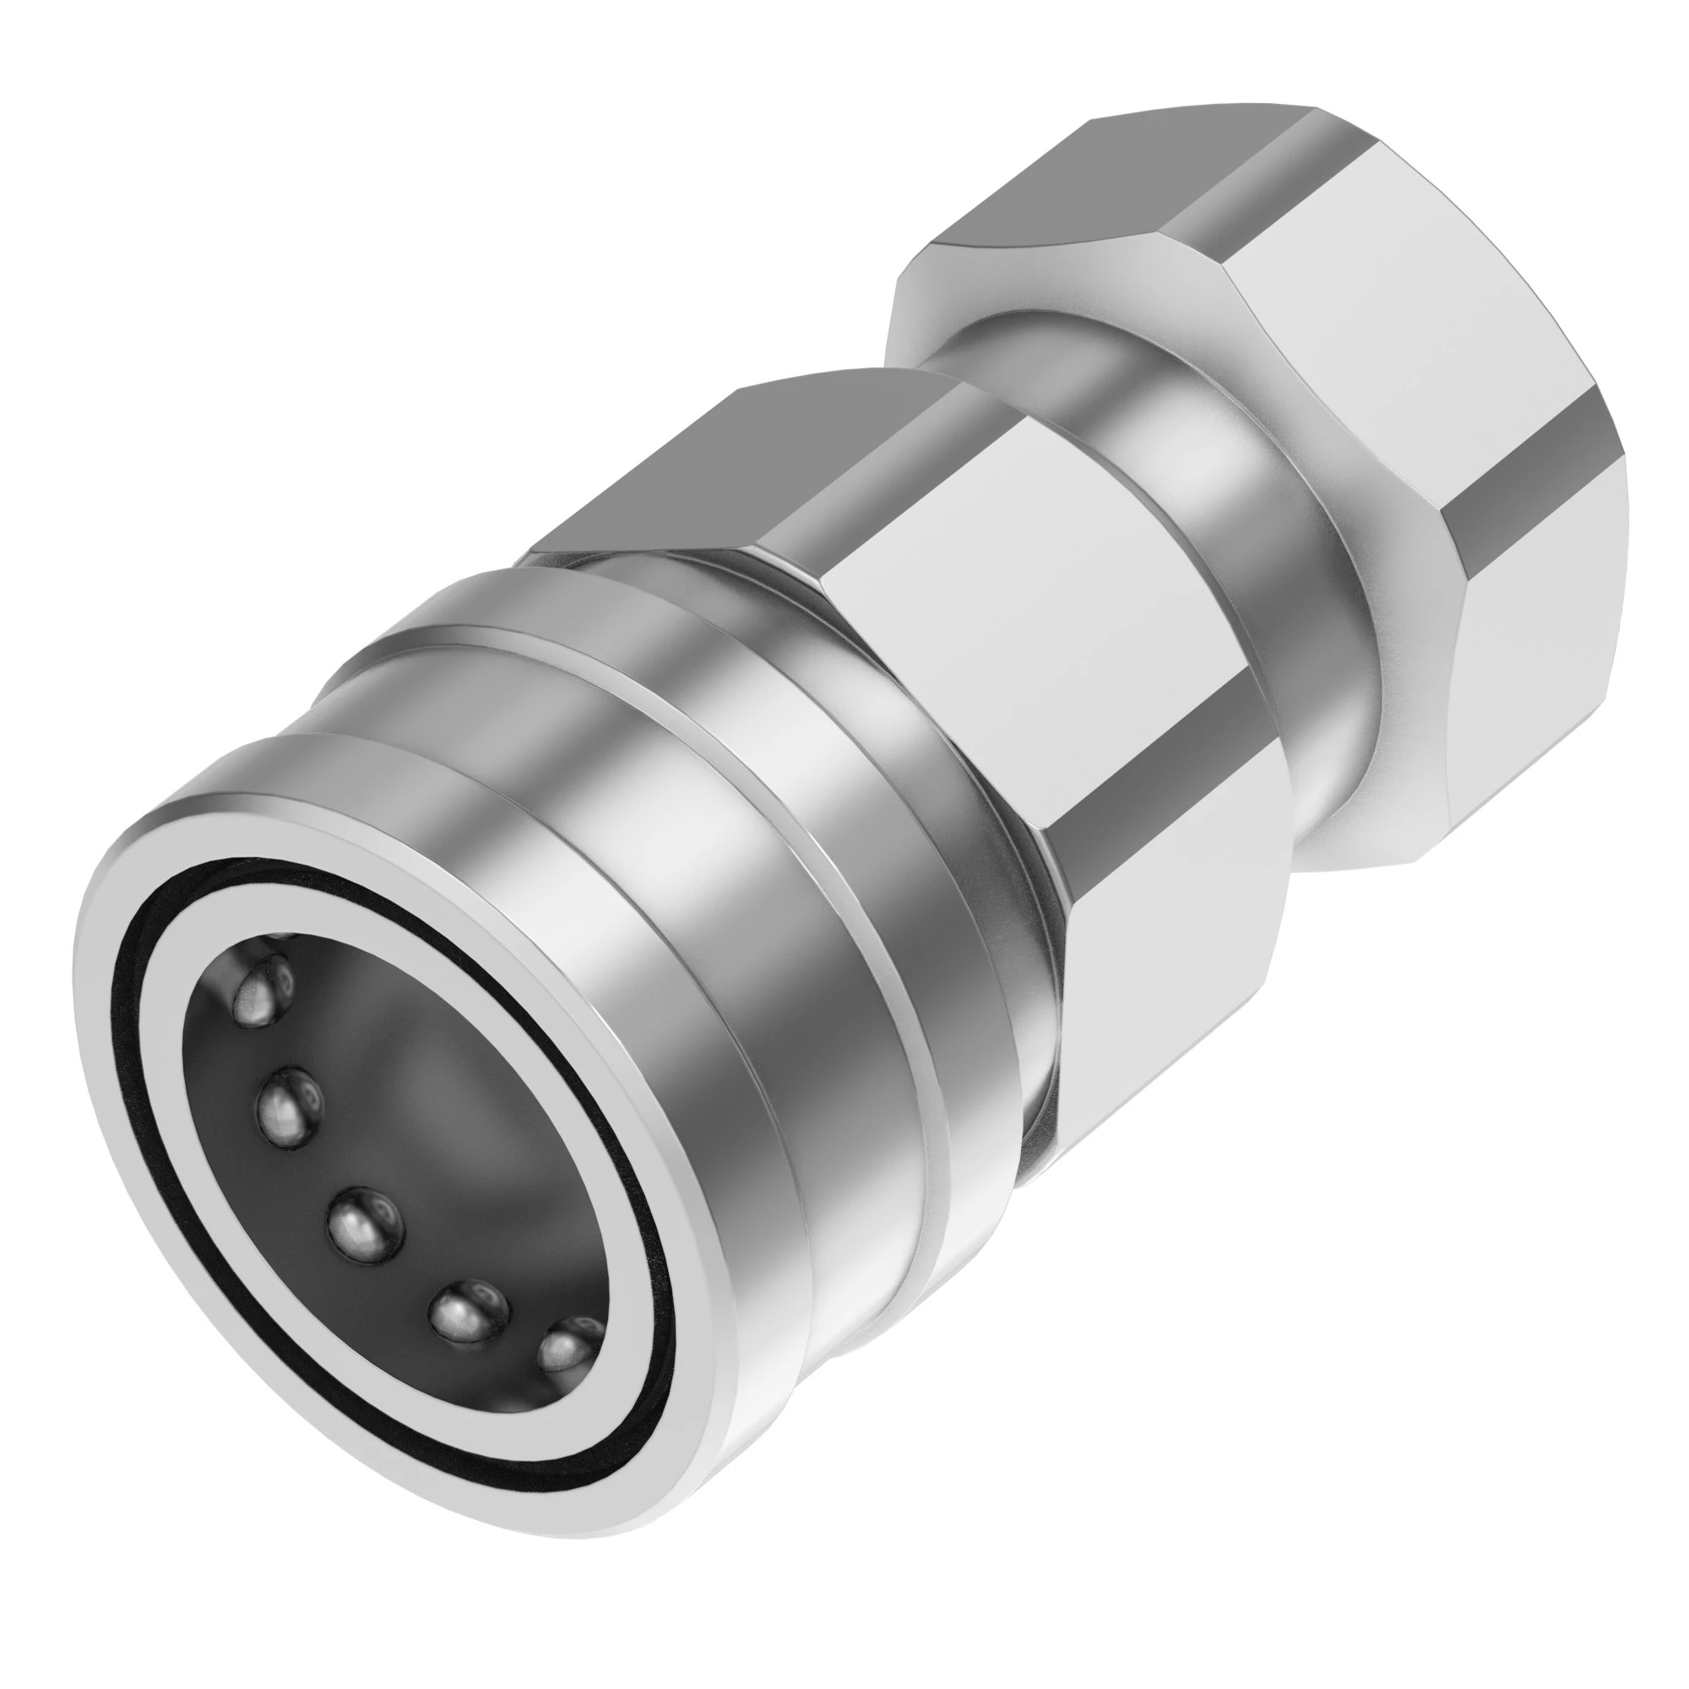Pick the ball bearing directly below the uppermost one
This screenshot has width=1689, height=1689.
[x=289, y=1103]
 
